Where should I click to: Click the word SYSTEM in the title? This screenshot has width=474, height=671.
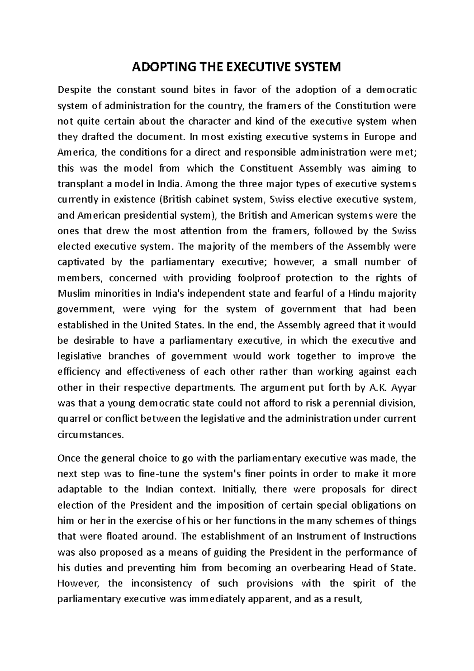[x=317, y=67]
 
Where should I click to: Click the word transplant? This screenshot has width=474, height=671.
[x=77, y=184]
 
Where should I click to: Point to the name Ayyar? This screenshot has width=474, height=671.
[x=404, y=388]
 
